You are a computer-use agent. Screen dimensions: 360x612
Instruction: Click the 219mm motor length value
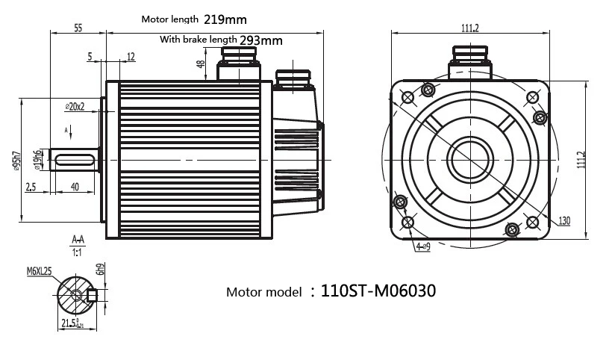(225, 19)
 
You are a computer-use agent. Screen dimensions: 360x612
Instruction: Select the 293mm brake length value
(260, 40)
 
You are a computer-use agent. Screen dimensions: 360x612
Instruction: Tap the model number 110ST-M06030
(378, 290)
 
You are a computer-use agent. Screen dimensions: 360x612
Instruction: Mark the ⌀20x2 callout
(75, 106)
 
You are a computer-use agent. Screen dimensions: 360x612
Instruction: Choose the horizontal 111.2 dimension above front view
(469, 28)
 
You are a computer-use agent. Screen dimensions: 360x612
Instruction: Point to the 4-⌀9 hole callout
(422, 246)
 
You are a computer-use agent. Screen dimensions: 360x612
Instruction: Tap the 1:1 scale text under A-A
(77, 252)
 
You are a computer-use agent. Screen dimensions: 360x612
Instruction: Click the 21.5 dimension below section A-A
(72, 323)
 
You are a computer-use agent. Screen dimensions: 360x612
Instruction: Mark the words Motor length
(170, 19)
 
